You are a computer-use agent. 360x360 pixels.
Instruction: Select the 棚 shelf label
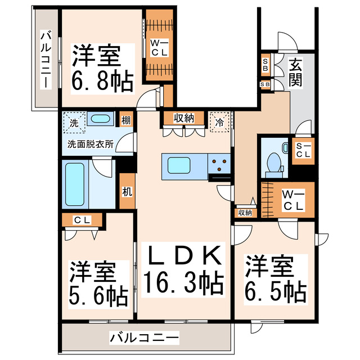click(x=127, y=120)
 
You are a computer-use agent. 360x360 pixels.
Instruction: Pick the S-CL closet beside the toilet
click(x=304, y=150)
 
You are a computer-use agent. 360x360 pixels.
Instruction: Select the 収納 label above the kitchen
click(x=183, y=118)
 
